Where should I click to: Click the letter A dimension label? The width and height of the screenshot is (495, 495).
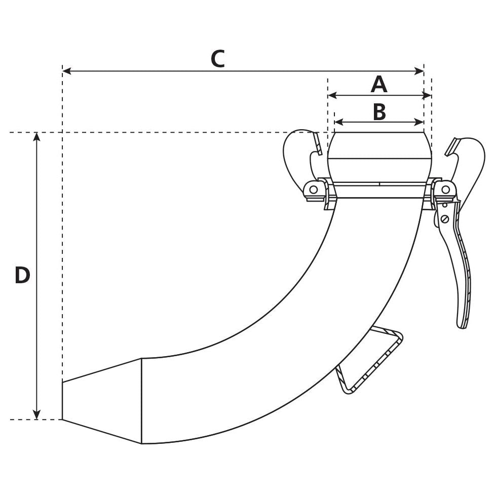379,84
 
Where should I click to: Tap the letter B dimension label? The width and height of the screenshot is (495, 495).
379,111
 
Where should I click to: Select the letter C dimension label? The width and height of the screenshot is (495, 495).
218,59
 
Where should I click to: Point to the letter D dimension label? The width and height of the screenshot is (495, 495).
22,276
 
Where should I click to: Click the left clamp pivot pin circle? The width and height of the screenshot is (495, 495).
314,190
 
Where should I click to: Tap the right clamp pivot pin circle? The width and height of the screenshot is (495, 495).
445,189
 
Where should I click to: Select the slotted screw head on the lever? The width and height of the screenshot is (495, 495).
445,219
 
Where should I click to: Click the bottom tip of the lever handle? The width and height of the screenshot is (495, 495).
462,324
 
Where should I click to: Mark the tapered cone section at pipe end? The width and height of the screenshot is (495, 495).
101,400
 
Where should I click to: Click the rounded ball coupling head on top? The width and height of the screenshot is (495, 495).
379,146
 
